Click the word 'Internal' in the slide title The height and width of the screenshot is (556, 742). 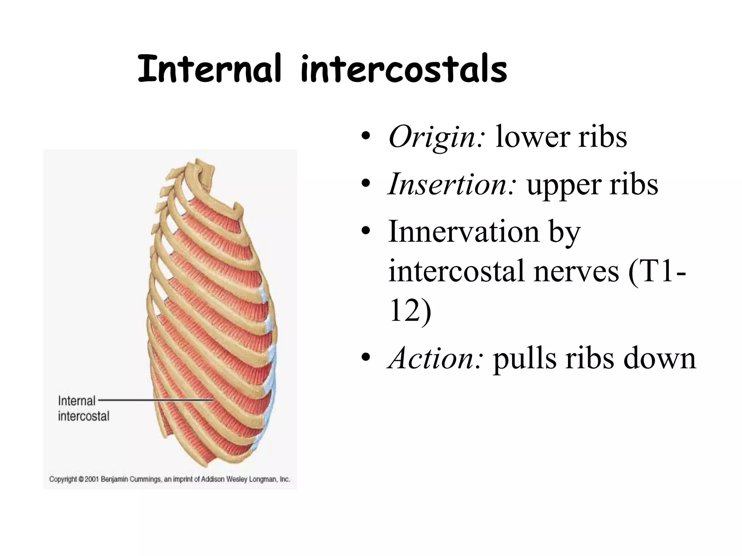point(209,69)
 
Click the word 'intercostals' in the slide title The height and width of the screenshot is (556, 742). point(403,69)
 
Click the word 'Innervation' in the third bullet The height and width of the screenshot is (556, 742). point(463,232)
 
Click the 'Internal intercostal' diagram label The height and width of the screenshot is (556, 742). point(83,408)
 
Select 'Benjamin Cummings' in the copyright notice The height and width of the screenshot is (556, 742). point(131,479)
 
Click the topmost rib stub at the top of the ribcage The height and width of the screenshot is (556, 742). point(203,169)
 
